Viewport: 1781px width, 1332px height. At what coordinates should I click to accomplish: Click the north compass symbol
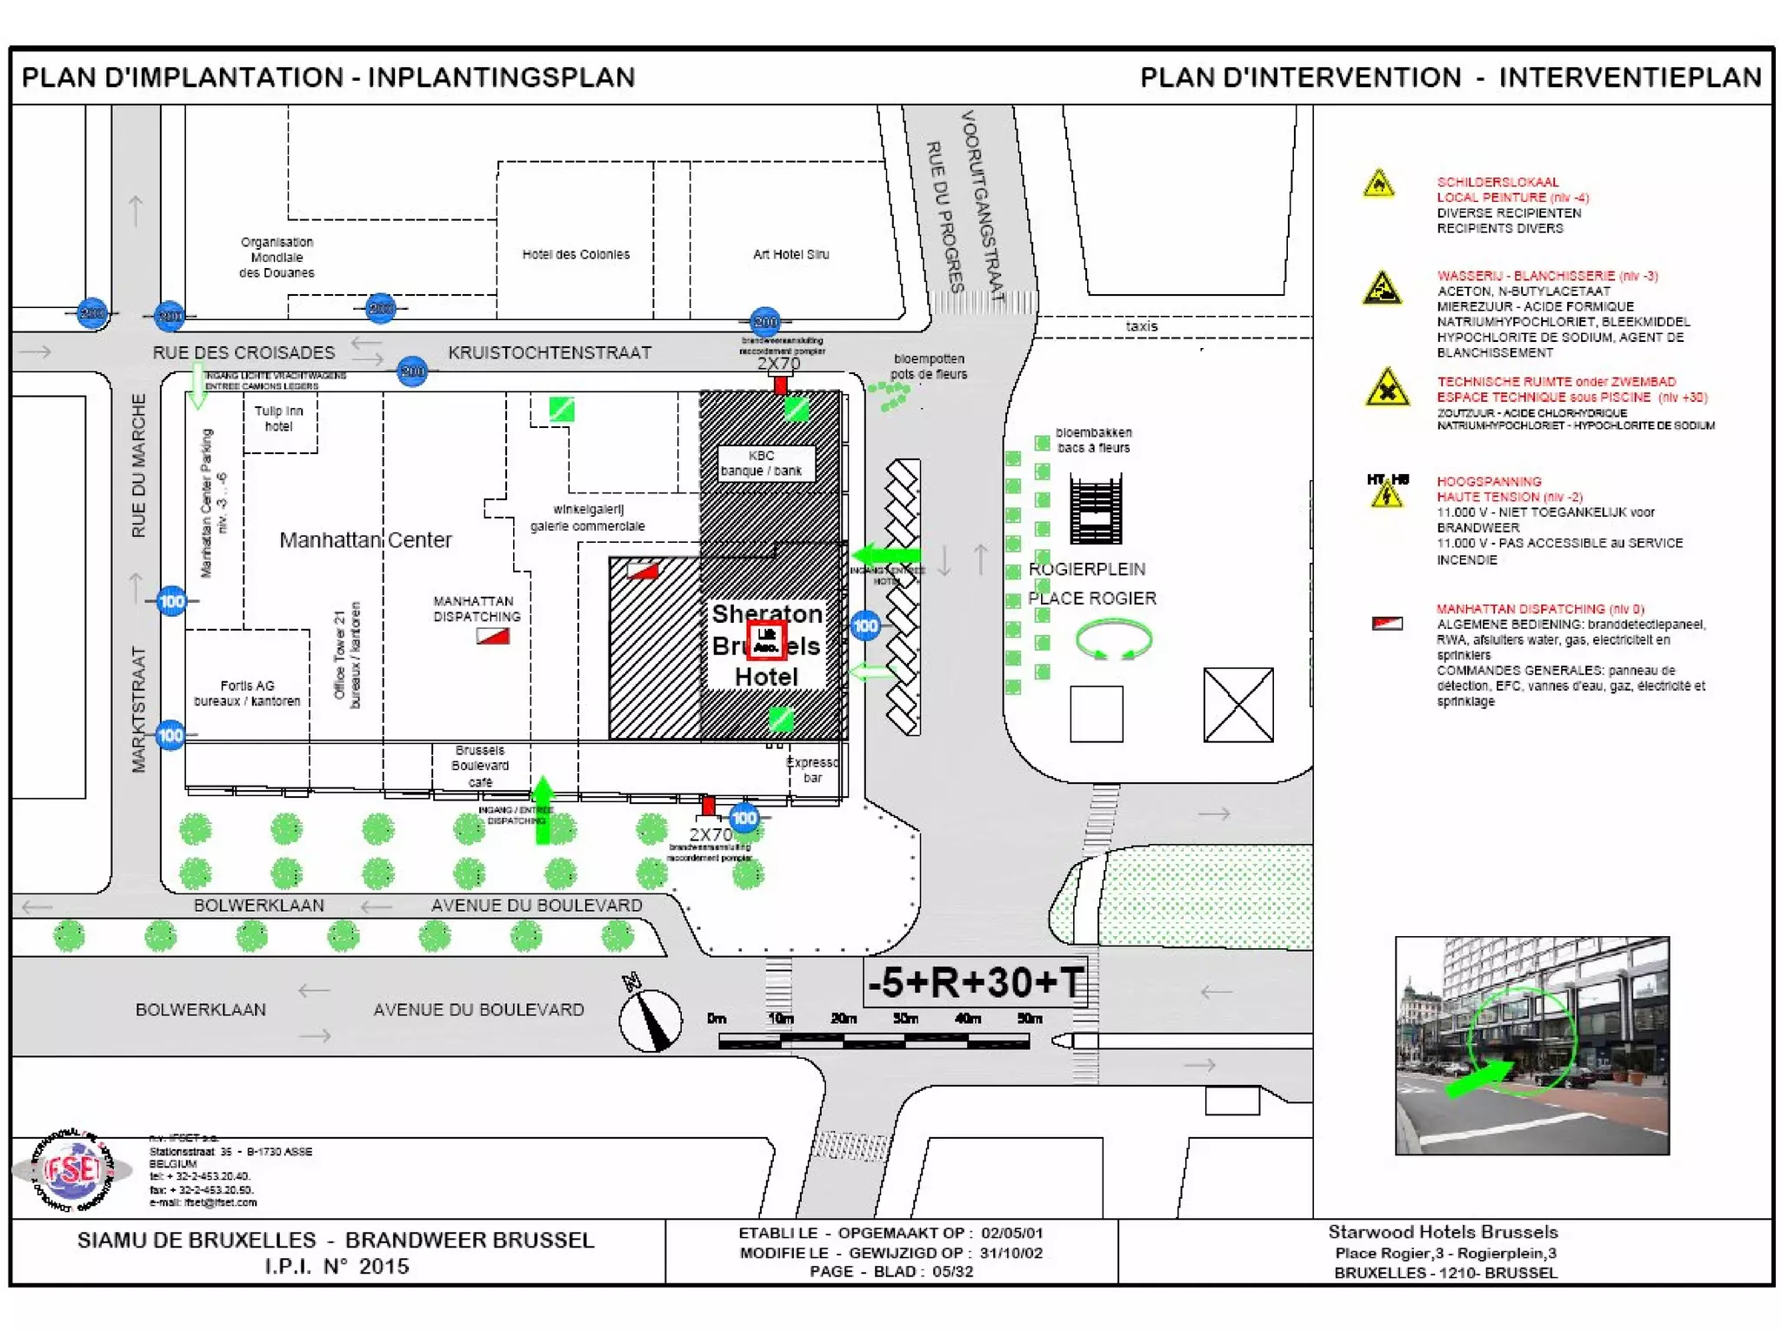tap(650, 1019)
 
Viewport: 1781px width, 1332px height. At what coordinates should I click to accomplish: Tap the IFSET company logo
tap(73, 1171)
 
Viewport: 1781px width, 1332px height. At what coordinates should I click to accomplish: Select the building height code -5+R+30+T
tap(976, 982)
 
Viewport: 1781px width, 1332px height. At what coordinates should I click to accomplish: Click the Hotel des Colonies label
tap(576, 254)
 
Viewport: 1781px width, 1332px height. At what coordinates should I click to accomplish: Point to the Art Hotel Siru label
tap(790, 254)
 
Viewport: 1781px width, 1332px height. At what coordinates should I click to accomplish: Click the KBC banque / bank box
tap(763, 463)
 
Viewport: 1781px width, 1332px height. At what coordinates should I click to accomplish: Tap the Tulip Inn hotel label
tap(279, 418)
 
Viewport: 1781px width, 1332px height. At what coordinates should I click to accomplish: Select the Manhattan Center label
tap(365, 540)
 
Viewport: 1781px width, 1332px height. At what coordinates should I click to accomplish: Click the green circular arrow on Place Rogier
tap(1113, 639)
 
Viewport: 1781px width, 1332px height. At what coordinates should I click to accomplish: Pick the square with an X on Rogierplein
tap(1237, 705)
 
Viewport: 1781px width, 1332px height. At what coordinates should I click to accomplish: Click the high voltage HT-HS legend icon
tap(1386, 492)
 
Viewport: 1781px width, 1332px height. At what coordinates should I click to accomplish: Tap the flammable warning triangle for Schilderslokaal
tap(1378, 184)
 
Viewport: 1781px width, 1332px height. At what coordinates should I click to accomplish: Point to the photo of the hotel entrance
tap(1531, 1045)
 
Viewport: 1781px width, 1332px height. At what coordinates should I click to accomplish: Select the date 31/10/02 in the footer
tap(1011, 1253)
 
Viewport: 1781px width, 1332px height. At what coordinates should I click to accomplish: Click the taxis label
tap(1141, 326)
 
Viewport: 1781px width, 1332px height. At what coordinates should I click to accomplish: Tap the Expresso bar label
tap(812, 770)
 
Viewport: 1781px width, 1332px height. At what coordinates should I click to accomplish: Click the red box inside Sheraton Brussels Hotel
tap(767, 640)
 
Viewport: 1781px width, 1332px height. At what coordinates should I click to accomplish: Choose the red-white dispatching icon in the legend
tap(1386, 623)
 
